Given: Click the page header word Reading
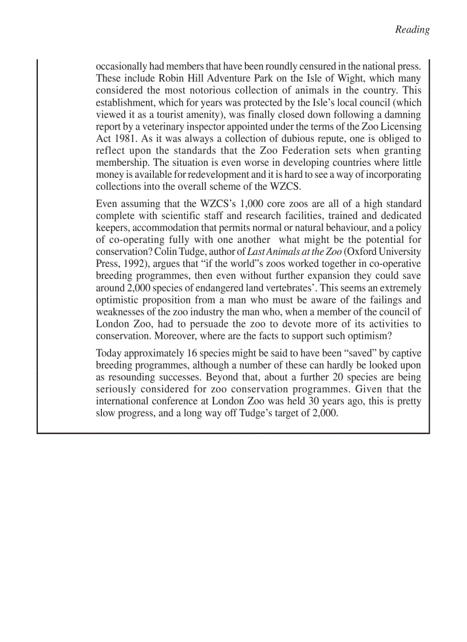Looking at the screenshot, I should click(412, 30).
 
